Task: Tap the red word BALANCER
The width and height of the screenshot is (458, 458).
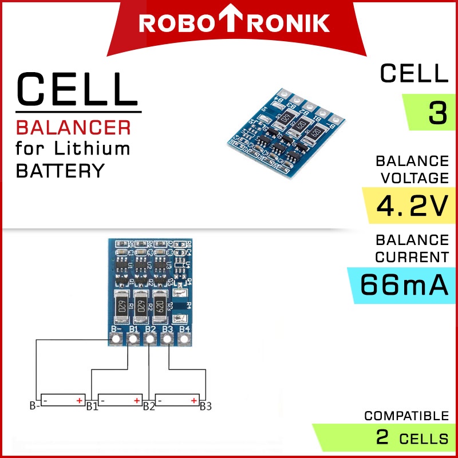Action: (73, 127)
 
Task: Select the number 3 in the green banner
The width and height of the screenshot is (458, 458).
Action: (437, 113)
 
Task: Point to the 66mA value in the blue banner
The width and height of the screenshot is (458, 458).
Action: (404, 285)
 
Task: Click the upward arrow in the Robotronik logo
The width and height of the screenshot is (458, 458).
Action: (235, 22)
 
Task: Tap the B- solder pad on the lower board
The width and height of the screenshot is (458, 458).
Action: (116, 340)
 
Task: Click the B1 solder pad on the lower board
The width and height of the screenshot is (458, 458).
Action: (133, 340)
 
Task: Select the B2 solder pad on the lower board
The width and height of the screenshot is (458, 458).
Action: (150, 340)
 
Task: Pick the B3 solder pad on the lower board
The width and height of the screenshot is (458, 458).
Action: (167, 340)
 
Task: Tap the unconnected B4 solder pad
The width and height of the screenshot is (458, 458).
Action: (184, 340)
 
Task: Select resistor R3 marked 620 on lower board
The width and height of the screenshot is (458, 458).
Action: (161, 305)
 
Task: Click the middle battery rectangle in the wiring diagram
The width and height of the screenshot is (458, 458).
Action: (120, 400)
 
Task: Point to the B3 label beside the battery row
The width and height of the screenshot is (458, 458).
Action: (206, 407)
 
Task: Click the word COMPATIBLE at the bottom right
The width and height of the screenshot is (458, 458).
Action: (406, 416)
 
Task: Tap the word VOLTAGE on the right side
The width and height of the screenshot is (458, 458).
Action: (412, 178)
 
